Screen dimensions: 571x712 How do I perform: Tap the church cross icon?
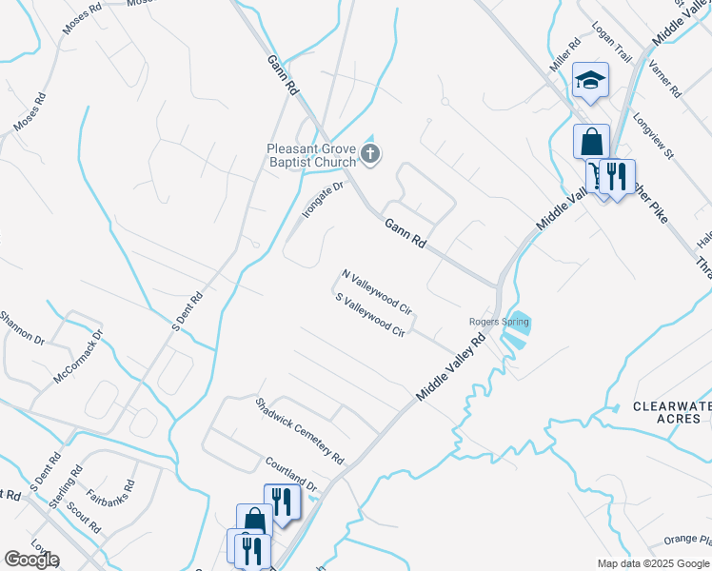click(x=371, y=153)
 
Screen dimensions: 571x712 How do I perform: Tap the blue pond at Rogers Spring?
click(x=519, y=325)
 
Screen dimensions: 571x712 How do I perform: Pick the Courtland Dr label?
click(x=290, y=473)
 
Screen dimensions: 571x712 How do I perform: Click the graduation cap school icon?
click(x=590, y=81)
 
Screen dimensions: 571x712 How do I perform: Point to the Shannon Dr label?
click(x=21, y=328)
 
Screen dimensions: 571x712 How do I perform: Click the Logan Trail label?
click(x=612, y=43)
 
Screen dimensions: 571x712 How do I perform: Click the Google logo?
click(x=31, y=560)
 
